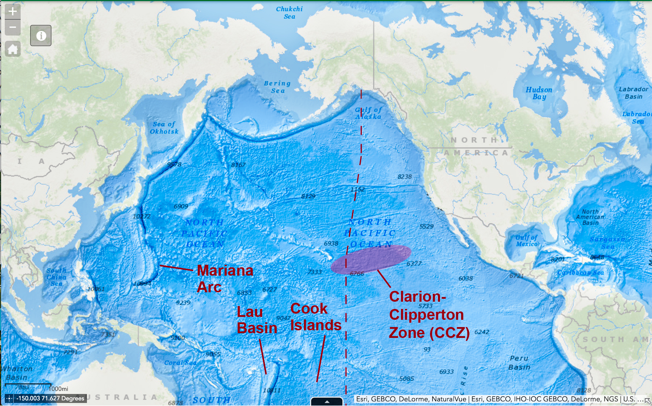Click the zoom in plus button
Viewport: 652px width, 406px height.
(13, 11)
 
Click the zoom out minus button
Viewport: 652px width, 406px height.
(13, 27)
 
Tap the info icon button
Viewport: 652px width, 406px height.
(41, 35)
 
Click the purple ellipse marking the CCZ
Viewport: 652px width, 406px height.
(371, 259)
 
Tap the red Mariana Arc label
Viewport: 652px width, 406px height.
(225, 279)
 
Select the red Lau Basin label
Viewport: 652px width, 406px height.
(256, 320)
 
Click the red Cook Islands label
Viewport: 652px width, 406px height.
(315, 317)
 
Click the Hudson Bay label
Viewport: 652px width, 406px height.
(539, 93)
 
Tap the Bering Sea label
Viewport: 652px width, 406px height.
(277, 87)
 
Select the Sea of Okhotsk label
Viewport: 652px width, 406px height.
(164, 128)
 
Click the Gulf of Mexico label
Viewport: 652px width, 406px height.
(527, 240)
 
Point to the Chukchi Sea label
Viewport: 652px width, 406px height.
(289, 13)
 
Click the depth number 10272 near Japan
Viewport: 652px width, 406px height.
(141, 216)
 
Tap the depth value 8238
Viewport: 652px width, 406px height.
(404, 177)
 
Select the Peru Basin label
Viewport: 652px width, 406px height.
(519, 363)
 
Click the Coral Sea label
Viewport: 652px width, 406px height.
(180, 363)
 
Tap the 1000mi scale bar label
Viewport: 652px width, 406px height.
(58, 389)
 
